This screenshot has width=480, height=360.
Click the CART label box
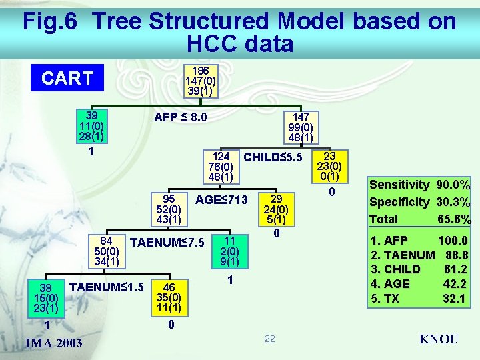click(x=67, y=79)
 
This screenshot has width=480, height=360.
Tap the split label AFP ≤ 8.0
click(x=180, y=118)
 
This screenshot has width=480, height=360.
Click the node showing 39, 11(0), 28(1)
click(x=91, y=125)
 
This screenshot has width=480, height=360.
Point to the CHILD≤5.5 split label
click(x=273, y=158)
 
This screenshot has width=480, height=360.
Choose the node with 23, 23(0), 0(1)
click(x=329, y=166)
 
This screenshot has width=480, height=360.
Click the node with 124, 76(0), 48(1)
click(x=221, y=165)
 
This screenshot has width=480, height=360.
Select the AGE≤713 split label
click(x=221, y=199)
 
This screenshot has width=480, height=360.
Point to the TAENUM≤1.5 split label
click(x=107, y=287)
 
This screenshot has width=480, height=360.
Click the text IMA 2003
click(x=53, y=343)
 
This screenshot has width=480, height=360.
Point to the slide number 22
click(x=269, y=339)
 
